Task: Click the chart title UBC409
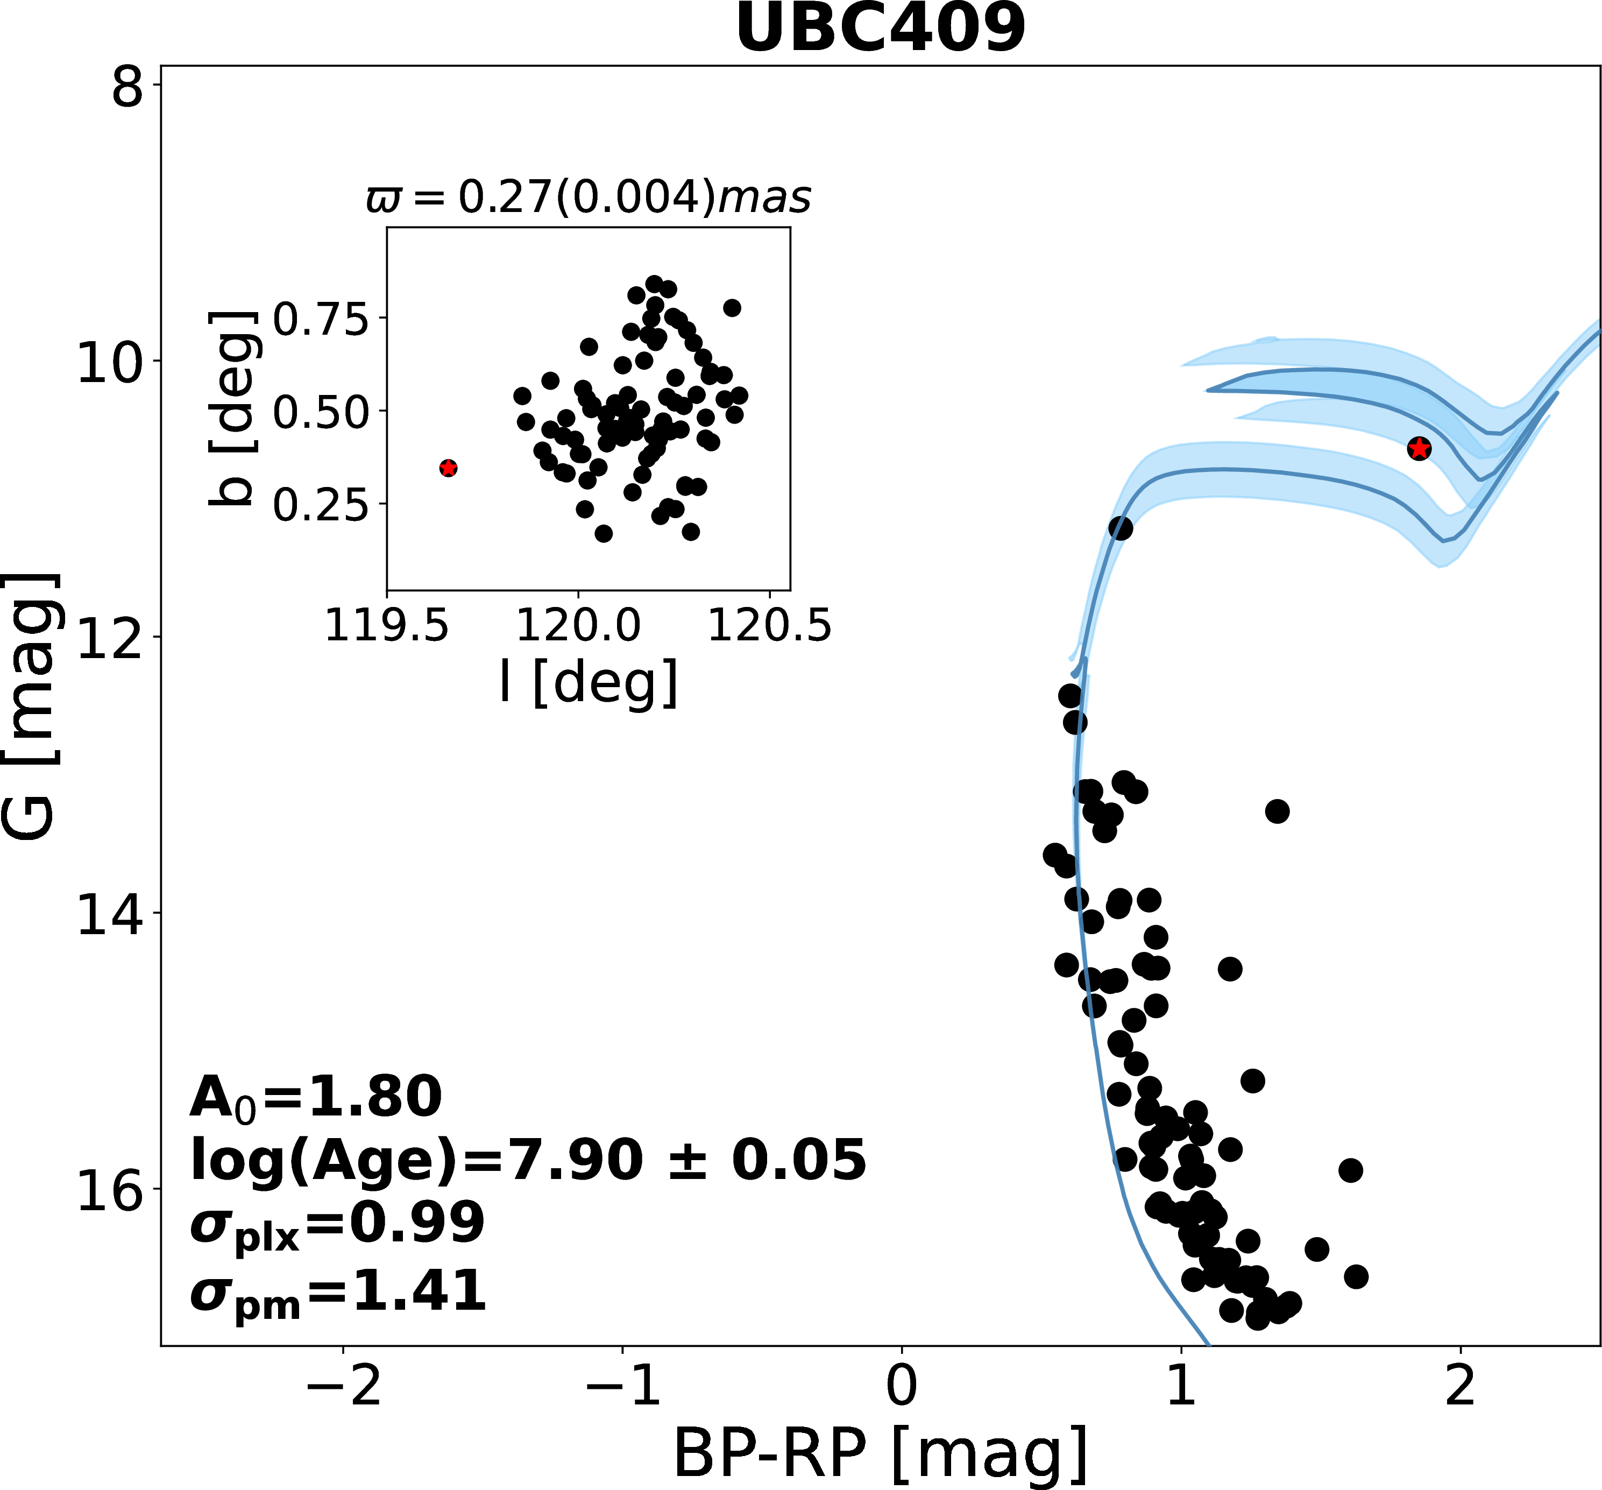[880, 29]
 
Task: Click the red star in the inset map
[448, 468]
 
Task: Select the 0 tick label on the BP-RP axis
[901, 1387]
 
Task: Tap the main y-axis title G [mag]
[31, 707]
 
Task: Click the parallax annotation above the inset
[589, 197]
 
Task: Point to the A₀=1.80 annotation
[315, 1098]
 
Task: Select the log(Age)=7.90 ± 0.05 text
[528, 1161]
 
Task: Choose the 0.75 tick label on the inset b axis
[321, 319]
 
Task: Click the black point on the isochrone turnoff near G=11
[1120, 528]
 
